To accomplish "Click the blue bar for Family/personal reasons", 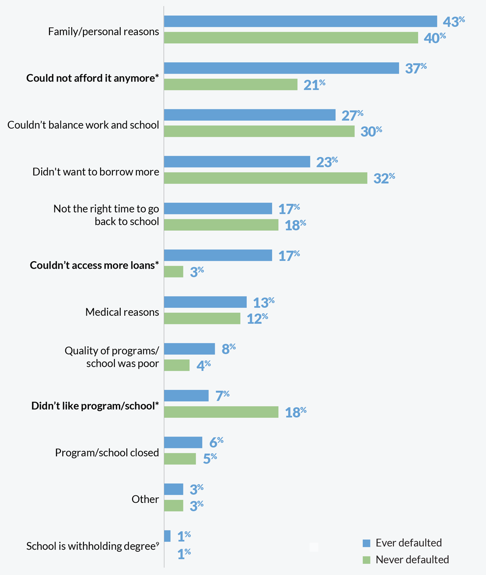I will (x=300, y=21).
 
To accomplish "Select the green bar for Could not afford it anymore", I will (x=230, y=84).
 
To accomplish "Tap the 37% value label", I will (x=416, y=68).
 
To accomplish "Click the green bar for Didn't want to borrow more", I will (x=265, y=178).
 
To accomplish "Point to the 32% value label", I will (x=384, y=178).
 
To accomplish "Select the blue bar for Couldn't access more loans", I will (x=217, y=255).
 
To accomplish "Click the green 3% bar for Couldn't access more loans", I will (x=173, y=272).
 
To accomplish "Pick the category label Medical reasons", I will (x=122, y=312).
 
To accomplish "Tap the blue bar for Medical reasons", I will (x=205, y=302).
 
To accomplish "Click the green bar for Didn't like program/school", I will (x=221, y=412).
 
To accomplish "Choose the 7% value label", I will (x=222, y=396).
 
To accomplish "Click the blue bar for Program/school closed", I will (x=183, y=442).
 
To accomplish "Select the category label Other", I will (x=145, y=499).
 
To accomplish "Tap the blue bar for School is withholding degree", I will (x=167, y=536).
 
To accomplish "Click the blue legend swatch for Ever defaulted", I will (x=366, y=543).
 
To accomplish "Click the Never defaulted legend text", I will (x=412, y=559).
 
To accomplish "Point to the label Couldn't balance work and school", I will (x=83, y=125).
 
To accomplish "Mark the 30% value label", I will (x=371, y=132).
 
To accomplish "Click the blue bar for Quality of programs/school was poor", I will (x=189, y=349).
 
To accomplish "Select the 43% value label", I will (x=454, y=22).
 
